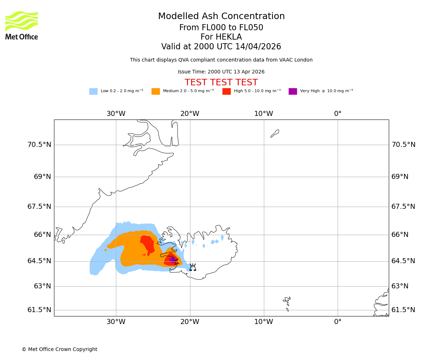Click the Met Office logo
click(22, 25)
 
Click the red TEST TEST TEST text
click(221, 83)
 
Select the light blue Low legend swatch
click(93, 91)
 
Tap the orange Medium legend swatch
click(156, 91)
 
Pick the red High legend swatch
click(226, 91)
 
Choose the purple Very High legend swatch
click(293, 91)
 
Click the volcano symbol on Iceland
click(193, 267)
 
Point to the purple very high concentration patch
click(172, 259)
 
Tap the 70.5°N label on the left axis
click(39, 145)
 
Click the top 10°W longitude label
click(264, 114)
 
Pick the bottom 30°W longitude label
click(116, 322)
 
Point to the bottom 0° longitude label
click(338, 322)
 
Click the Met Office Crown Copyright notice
click(59, 350)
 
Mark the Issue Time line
click(221, 72)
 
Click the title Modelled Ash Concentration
click(221, 17)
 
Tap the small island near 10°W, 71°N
click(275, 133)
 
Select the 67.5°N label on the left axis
click(39, 207)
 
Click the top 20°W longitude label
click(190, 114)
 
